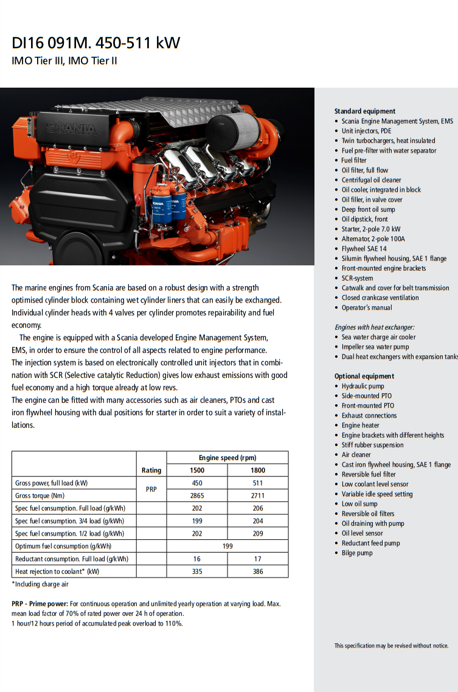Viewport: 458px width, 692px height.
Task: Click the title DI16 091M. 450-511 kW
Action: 96,43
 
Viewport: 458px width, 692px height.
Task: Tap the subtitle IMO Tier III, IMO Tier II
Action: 64,61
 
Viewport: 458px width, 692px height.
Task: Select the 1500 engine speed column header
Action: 197,470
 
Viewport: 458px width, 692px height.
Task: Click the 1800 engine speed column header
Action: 258,470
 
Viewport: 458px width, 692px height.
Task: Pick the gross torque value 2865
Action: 197,495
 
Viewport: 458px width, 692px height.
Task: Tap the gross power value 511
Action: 258,483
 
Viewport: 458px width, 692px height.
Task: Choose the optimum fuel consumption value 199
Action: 227,546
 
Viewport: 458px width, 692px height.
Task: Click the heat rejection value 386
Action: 258,571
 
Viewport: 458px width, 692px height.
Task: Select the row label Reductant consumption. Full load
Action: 72,559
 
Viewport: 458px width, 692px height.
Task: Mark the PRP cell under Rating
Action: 151,489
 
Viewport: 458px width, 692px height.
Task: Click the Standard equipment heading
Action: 364,111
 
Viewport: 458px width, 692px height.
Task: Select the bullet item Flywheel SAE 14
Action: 364,248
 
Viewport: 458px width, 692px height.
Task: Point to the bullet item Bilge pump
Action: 357,553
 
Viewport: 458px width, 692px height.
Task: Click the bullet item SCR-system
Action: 358,278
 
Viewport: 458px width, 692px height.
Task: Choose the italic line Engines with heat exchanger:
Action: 374,327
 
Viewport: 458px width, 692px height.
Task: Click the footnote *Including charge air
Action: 40,584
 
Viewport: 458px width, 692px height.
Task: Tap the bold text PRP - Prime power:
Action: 39,604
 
